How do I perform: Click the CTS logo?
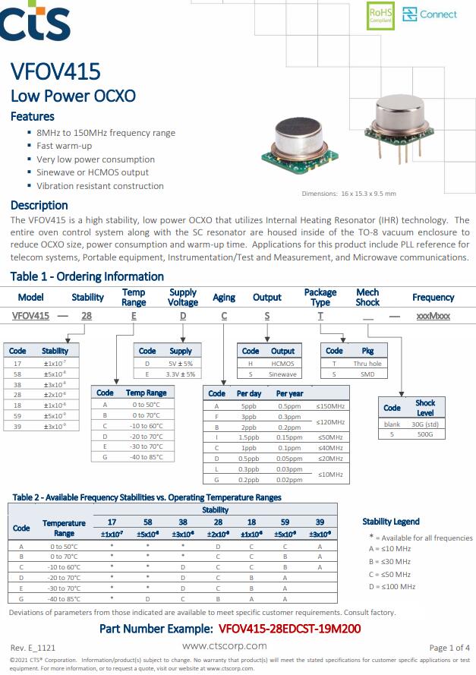click(x=36, y=23)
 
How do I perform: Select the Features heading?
click(x=32, y=116)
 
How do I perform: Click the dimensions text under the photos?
click(x=348, y=194)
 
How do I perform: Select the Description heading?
click(x=39, y=205)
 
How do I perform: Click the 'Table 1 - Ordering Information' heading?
click(x=87, y=276)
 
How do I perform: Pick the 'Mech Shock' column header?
click(x=367, y=297)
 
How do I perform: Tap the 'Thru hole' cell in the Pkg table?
click(x=367, y=364)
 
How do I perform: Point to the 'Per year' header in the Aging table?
click(x=289, y=393)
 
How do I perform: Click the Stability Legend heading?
click(x=391, y=522)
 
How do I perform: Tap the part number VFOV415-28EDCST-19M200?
click(x=289, y=629)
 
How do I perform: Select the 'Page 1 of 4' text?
click(x=449, y=648)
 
